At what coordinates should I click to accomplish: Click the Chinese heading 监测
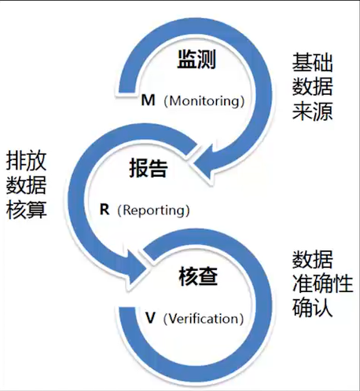click(x=197, y=60)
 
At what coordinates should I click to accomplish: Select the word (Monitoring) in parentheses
click(x=204, y=101)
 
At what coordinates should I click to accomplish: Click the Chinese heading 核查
click(x=197, y=276)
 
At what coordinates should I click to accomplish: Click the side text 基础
click(x=312, y=62)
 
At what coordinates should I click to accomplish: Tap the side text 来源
click(x=312, y=110)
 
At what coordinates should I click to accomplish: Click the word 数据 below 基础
click(x=312, y=86)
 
